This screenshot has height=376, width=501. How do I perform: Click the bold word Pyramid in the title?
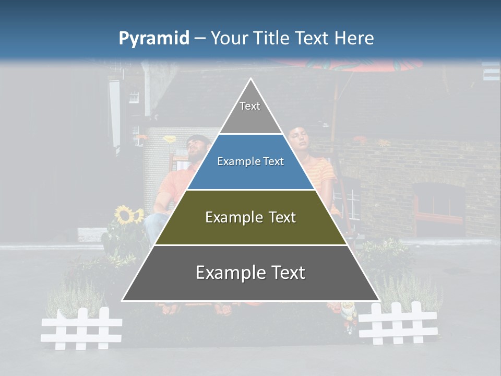coord(154,39)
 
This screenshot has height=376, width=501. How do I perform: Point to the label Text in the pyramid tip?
coord(250,106)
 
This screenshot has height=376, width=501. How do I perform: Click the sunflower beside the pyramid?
coord(124,214)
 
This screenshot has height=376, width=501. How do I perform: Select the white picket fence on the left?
coord(81,328)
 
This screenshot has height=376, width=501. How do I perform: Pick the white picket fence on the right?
coord(398,323)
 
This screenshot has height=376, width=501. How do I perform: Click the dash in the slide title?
coord(200,39)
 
